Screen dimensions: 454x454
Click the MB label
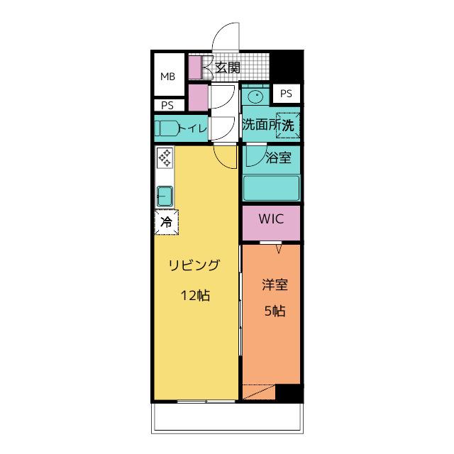pos(167,77)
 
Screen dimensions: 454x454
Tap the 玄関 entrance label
pos(228,68)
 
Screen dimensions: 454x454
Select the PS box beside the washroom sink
pos(286,94)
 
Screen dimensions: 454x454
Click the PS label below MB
pos(167,106)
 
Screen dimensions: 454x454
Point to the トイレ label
pos(193,128)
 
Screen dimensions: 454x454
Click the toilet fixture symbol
pos(166,128)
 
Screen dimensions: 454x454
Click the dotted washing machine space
pos(287,125)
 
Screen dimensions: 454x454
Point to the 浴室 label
pos(279,157)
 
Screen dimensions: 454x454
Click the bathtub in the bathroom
pos(271,188)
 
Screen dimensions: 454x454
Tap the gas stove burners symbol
pos(165,158)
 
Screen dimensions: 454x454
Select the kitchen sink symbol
pos(165,196)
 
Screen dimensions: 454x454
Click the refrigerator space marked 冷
pos(166,222)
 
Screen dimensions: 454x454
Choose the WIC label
pos(271,219)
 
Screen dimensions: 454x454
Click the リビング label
pos(194,265)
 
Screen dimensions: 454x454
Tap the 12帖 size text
pos(196,296)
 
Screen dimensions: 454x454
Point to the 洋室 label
pos(275,284)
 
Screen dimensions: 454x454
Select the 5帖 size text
pos(275,311)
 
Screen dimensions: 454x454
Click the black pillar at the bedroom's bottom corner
pos(289,393)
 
